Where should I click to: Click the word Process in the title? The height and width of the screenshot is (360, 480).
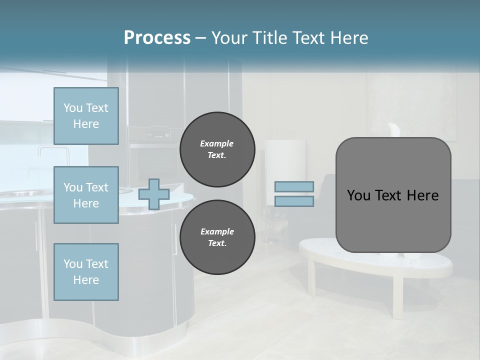pos(157,38)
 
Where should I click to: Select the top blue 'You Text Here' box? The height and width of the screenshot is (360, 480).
pos(86,116)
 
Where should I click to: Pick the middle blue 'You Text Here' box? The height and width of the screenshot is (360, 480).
pos(86,195)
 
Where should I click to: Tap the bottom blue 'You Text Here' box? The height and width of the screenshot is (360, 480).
pos(86,271)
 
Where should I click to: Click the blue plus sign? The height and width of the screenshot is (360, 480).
pos(153,194)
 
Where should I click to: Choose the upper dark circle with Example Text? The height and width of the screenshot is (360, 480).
pos(217,149)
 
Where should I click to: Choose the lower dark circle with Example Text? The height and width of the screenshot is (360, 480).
pos(217,237)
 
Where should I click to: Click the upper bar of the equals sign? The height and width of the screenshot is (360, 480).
pos(294,186)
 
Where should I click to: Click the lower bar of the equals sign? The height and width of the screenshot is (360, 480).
pos(294,201)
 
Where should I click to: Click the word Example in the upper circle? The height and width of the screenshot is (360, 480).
pos(217,143)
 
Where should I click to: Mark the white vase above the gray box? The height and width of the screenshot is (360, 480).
pos(394,129)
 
